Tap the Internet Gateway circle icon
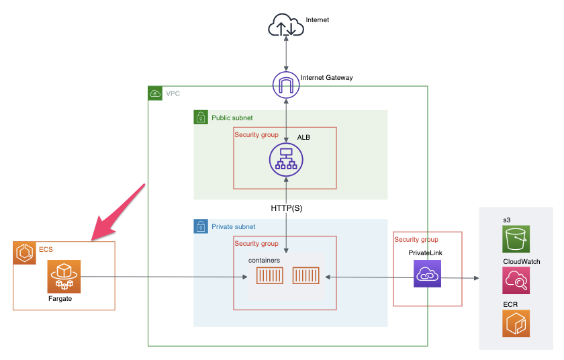click(x=286, y=85)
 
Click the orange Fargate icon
click(x=64, y=276)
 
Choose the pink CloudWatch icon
click(x=516, y=281)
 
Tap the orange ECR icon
click(x=516, y=323)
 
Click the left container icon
click(x=270, y=276)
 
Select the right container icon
click(x=305, y=276)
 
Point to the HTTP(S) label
click(x=287, y=208)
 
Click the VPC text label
click(x=173, y=93)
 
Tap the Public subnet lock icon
click(x=200, y=118)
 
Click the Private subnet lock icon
click(x=200, y=227)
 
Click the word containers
click(x=264, y=260)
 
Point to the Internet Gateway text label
click(x=327, y=78)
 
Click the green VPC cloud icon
click(x=155, y=93)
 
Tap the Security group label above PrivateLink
click(x=416, y=240)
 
